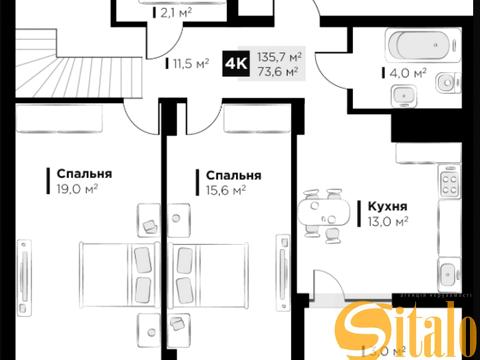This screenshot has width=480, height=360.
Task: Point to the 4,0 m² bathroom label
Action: tap(408, 73)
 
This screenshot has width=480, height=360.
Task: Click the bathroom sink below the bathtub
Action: tap(403, 95)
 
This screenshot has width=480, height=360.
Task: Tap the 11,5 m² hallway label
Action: tap(191, 62)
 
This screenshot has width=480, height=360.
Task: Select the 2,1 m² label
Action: tap(177, 14)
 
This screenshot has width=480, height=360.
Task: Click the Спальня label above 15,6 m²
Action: tap(231, 174)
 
